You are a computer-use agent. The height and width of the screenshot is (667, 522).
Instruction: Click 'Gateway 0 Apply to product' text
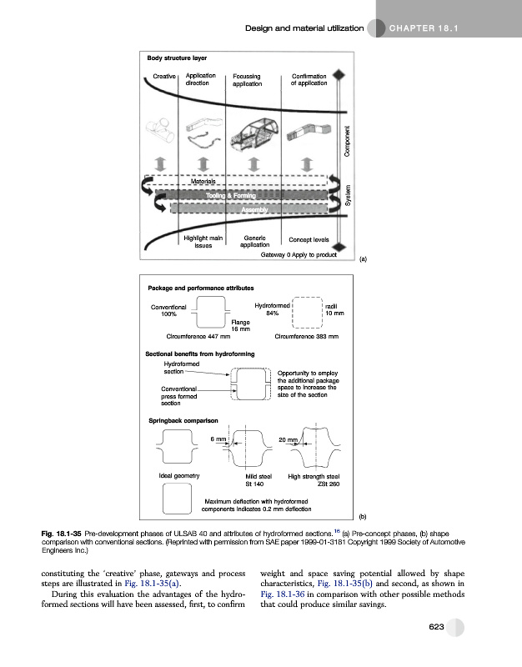pos(299,255)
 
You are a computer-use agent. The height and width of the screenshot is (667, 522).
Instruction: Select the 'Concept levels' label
pos(307,239)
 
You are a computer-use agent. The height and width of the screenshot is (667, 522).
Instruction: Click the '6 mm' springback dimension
pos(218,439)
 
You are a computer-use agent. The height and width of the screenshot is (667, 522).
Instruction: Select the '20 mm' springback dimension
pos(289,439)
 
